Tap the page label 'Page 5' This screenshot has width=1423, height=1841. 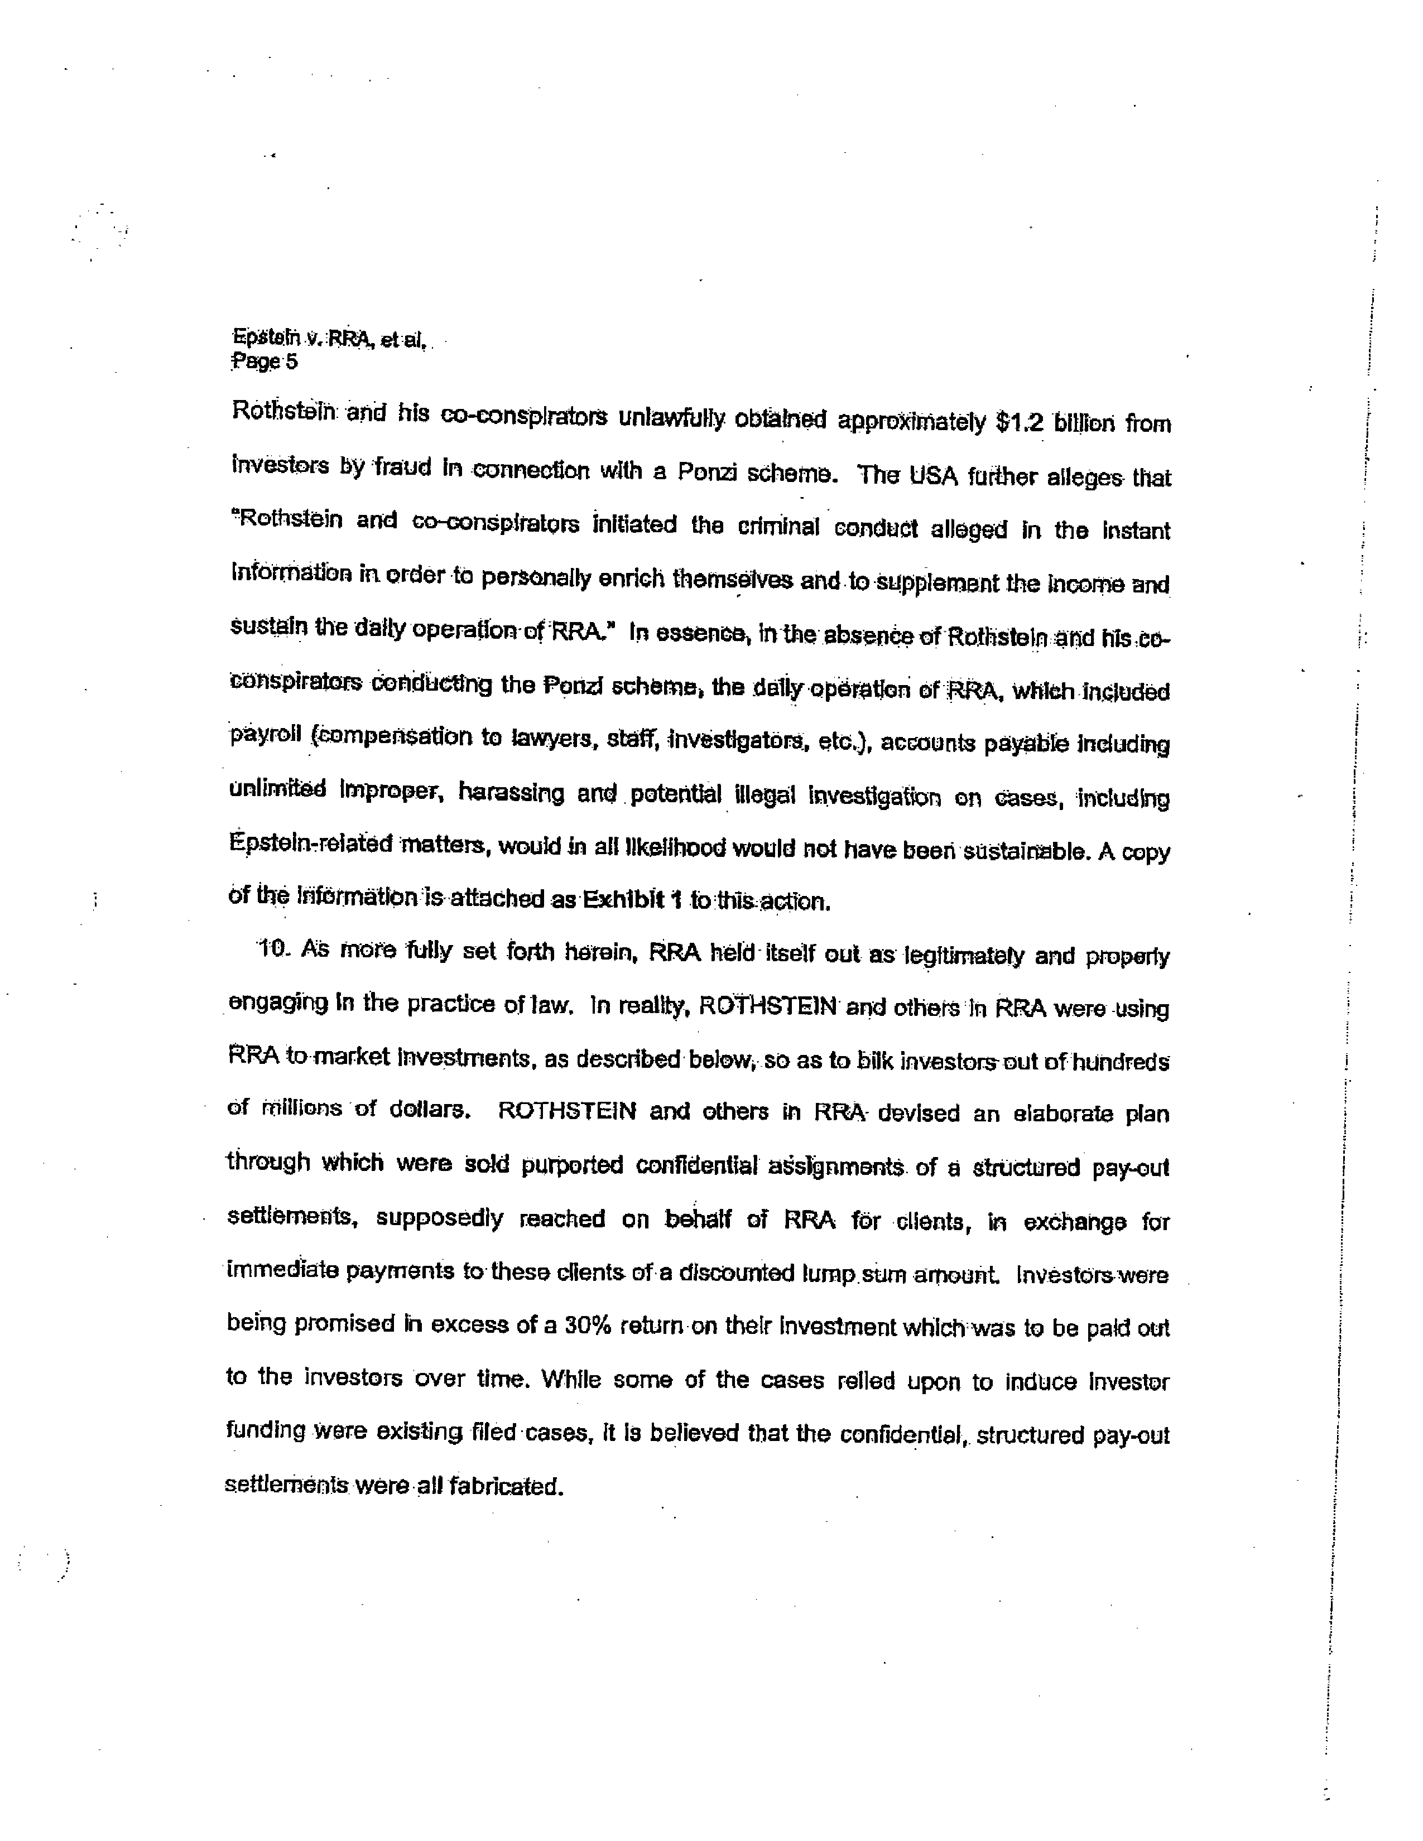(264, 363)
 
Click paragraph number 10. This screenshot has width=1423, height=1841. (274, 949)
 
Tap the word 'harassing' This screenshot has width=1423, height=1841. (511, 793)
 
